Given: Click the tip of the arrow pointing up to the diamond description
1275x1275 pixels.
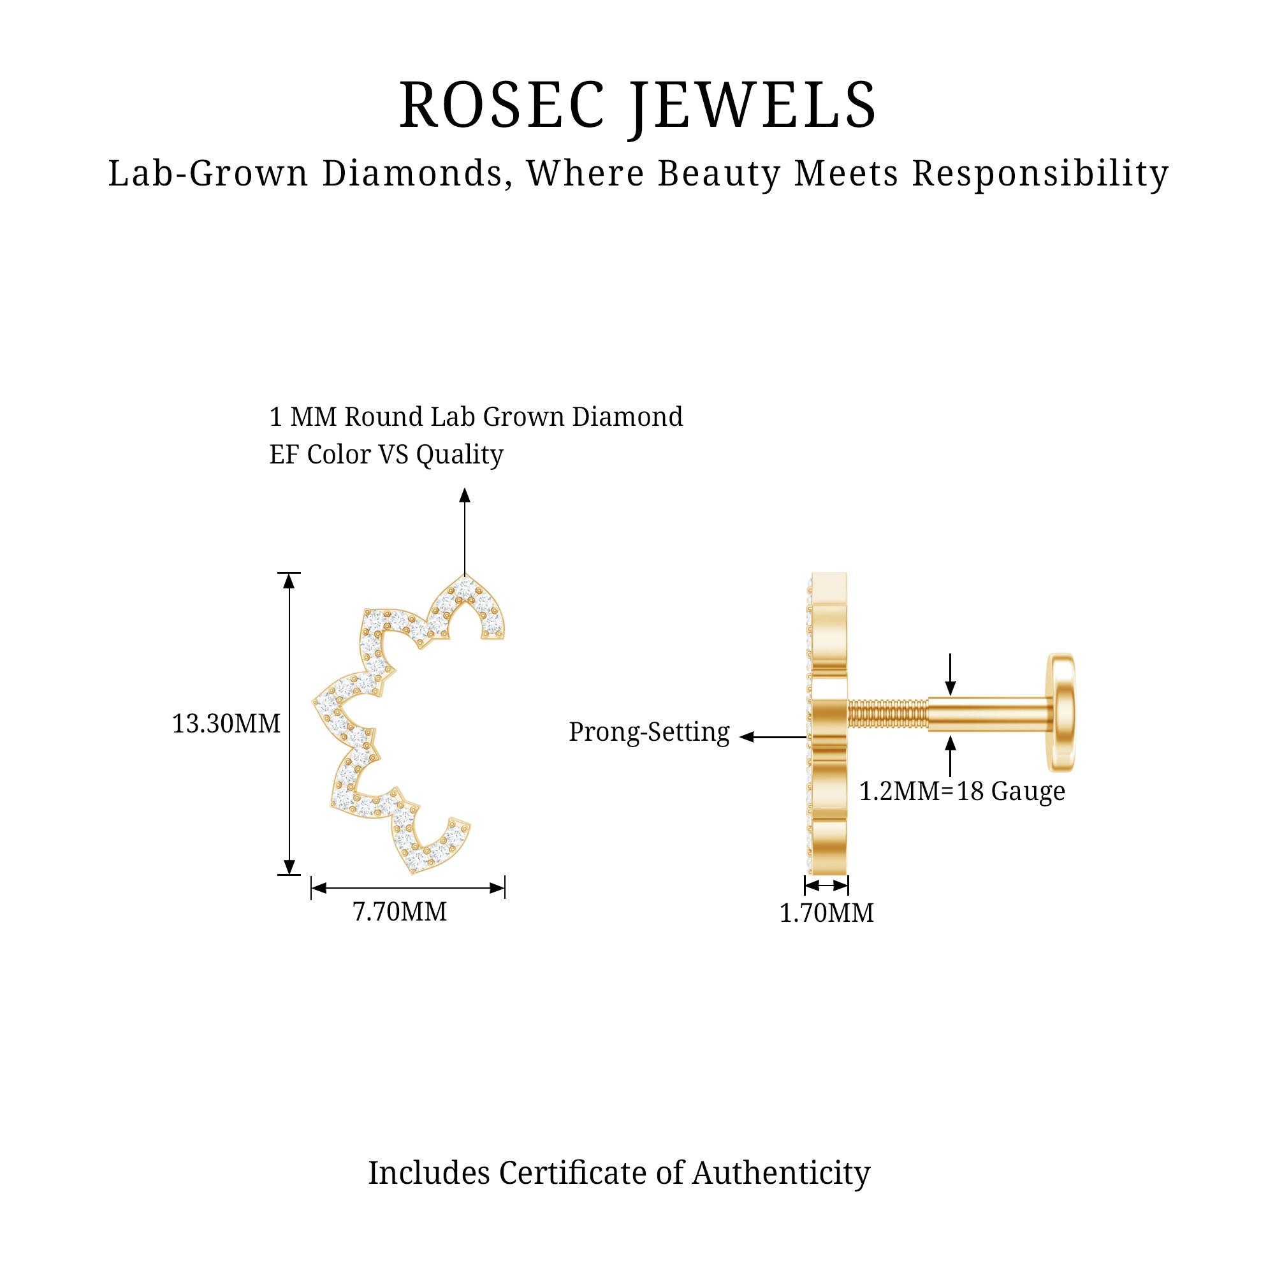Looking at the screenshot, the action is [x=465, y=488].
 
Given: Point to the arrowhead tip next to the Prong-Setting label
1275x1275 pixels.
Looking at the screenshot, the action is [x=739, y=737].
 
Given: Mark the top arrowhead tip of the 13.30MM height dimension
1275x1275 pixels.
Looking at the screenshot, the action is [x=288, y=573].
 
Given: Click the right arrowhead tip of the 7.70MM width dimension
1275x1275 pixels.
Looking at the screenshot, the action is [x=505, y=888].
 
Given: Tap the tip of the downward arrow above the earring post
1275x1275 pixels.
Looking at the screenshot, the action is [x=950, y=696].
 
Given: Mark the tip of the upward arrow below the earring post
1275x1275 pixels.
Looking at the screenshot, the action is [x=950, y=735].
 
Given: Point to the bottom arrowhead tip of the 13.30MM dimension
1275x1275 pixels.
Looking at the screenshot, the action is [x=288, y=875].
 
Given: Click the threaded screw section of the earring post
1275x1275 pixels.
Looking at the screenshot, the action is [x=887, y=714].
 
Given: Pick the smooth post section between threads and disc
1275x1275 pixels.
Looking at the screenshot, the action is [x=990, y=714].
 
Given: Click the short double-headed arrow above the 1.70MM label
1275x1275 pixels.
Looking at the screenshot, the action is [x=826, y=885].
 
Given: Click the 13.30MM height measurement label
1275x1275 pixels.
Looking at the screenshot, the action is [x=226, y=724].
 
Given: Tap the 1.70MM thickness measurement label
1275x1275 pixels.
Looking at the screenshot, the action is [x=826, y=913].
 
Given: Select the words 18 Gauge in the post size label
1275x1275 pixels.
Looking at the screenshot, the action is [x=1010, y=791].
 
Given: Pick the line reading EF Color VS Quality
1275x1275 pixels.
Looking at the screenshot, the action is [x=386, y=455].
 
